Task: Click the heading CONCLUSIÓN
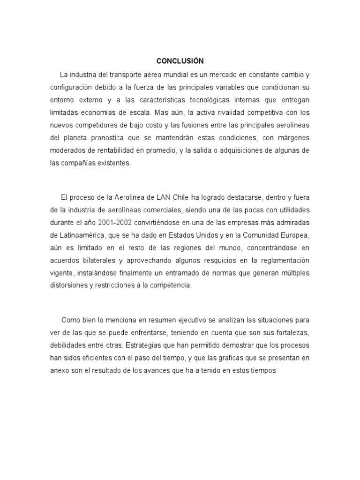click(x=180, y=61)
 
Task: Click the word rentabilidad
click(x=114, y=150)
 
